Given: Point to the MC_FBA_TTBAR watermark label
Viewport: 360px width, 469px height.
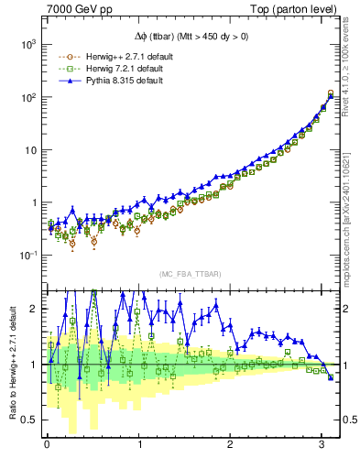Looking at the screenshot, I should pyautogui.click(x=187, y=275).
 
